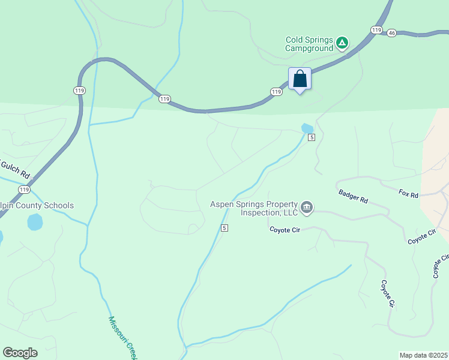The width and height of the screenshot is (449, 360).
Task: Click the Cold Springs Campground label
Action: pos(309,44)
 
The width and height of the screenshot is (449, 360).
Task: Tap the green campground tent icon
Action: pos(342,42)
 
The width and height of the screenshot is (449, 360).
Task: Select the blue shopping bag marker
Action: pos(300,79)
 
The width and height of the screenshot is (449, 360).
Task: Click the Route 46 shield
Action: pos(391,32)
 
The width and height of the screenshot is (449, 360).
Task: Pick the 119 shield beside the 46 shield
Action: pos(377,29)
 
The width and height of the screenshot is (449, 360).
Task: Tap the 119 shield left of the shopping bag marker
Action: pos(276,92)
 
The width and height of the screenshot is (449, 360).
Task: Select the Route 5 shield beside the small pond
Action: pos(312,137)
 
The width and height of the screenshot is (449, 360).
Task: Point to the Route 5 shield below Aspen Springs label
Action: pos(224,228)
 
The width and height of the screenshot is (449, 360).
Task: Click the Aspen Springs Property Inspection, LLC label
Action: pos(254,208)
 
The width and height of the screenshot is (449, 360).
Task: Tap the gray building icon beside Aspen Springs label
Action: pos(307,208)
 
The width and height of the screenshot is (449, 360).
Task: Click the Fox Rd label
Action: pos(409,193)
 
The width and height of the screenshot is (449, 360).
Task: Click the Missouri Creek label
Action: pos(122,338)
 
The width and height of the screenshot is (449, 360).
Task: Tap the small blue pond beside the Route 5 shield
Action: pos(307,128)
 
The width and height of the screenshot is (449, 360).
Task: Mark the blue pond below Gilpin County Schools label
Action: pos(35,223)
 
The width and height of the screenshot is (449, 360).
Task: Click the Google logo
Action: pos(20,353)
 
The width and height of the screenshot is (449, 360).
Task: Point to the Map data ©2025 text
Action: pos(423,355)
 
